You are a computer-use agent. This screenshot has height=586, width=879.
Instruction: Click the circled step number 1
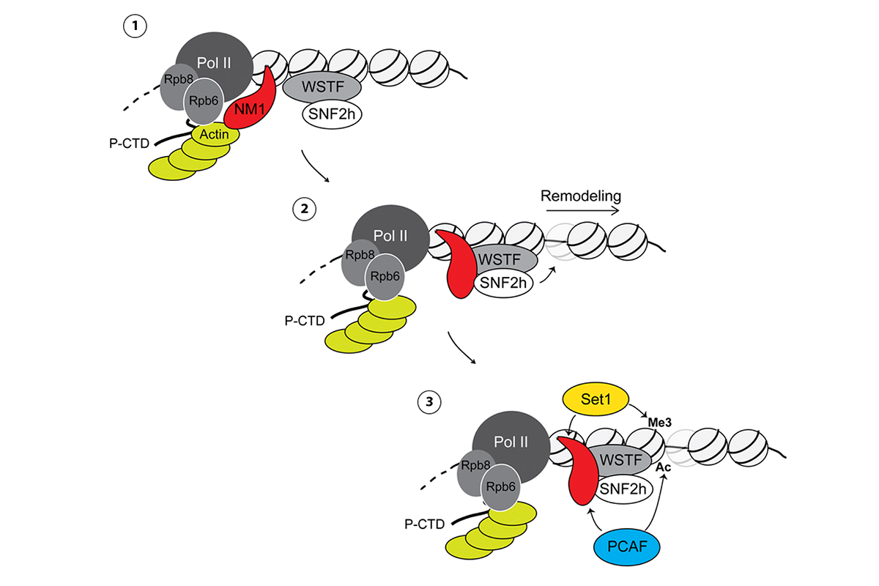coord(136,27)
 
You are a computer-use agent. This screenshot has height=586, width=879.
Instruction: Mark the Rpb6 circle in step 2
coord(384,278)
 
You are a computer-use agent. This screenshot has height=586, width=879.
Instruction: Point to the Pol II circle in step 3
coord(511,442)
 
